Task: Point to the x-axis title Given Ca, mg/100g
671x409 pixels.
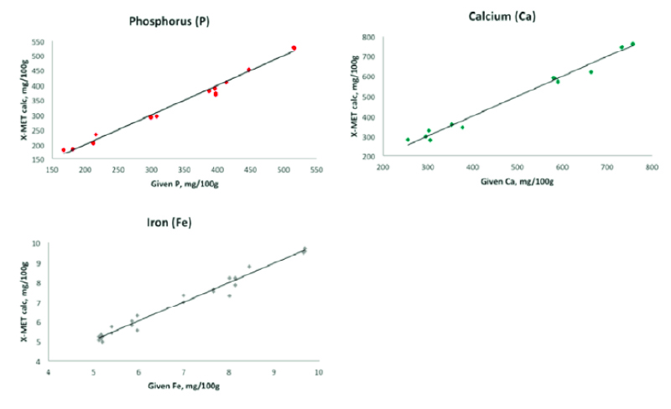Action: (x=517, y=180)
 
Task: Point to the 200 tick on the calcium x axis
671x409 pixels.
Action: (x=382, y=167)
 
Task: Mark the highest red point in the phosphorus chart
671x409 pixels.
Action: (x=294, y=48)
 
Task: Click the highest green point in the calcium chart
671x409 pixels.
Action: (x=632, y=44)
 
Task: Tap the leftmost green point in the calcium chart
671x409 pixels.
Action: (x=408, y=140)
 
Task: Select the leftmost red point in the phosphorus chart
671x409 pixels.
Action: (x=64, y=150)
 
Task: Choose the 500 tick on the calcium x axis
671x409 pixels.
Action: (x=517, y=167)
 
